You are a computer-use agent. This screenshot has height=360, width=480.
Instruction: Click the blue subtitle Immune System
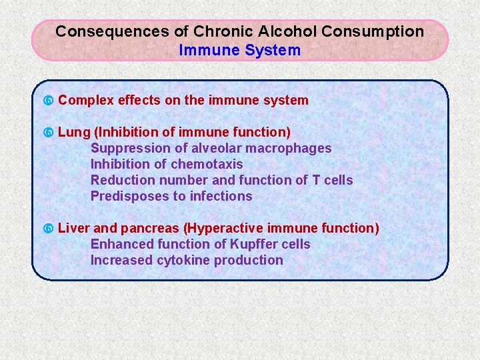tap(240, 50)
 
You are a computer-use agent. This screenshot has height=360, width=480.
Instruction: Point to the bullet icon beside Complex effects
tap(48, 101)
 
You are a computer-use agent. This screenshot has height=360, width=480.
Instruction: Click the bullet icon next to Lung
tap(48, 133)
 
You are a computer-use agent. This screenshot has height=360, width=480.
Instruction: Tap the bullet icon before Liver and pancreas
tap(48, 229)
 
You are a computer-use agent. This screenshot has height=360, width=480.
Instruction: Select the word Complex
tap(86, 101)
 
